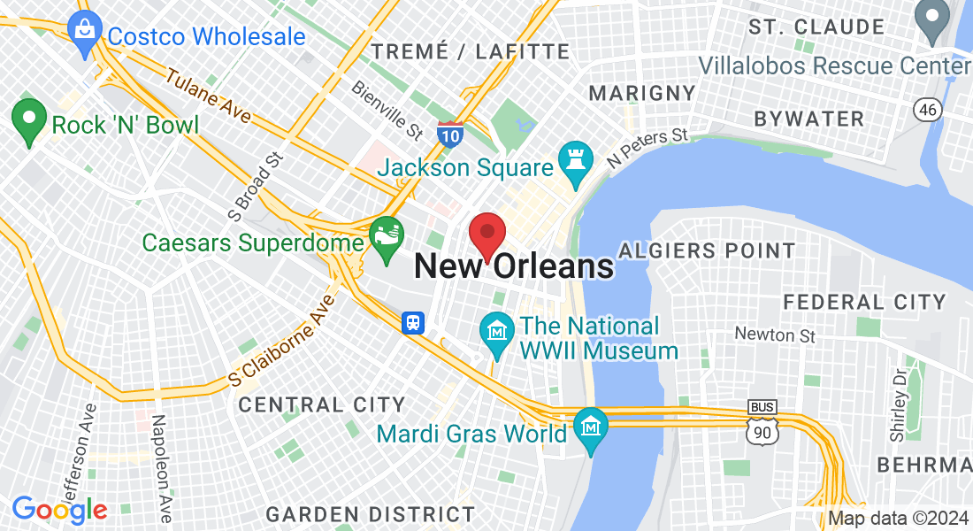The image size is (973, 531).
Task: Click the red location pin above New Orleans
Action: [x=486, y=234]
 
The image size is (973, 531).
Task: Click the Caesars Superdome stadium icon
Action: [x=387, y=238]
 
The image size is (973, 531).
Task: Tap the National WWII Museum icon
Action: [x=497, y=334]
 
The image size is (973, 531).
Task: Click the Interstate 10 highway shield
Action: [x=449, y=134]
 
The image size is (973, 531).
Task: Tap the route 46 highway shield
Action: [x=926, y=108]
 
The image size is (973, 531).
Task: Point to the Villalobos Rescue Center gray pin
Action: [x=931, y=21]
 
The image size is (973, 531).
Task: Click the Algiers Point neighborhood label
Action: [x=707, y=250]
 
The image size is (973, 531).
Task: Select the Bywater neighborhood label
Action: [x=808, y=119]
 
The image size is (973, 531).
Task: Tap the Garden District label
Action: [x=371, y=514]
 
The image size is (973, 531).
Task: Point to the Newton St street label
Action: [x=775, y=335]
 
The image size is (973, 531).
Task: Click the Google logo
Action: [x=59, y=510]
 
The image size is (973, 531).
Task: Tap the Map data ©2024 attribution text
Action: [x=898, y=519]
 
